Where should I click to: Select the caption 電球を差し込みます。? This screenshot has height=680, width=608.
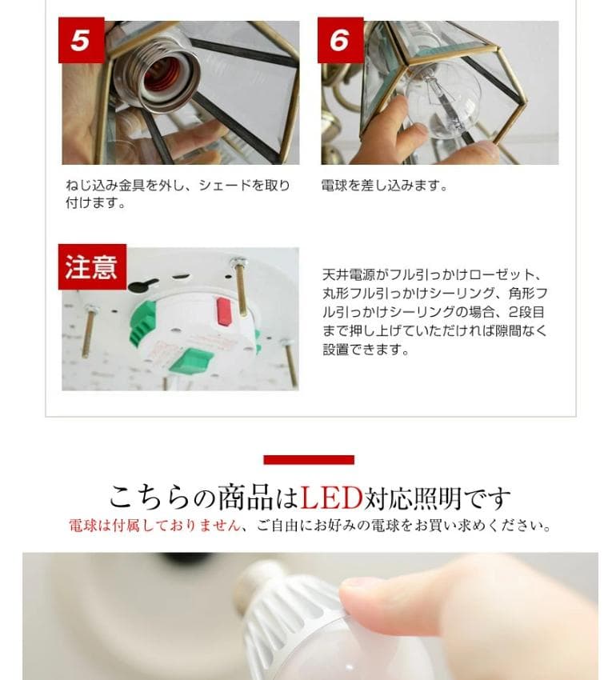(x=384, y=186)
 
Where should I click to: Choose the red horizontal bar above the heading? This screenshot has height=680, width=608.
(x=309, y=460)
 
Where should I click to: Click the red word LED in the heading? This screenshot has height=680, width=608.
(x=331, y=498)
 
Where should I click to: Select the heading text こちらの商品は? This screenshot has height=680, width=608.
(x=203, y=498)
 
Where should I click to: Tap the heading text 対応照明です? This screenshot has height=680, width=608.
(x=437, y=498)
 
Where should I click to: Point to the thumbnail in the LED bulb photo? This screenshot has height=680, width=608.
(x=376, y=596)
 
